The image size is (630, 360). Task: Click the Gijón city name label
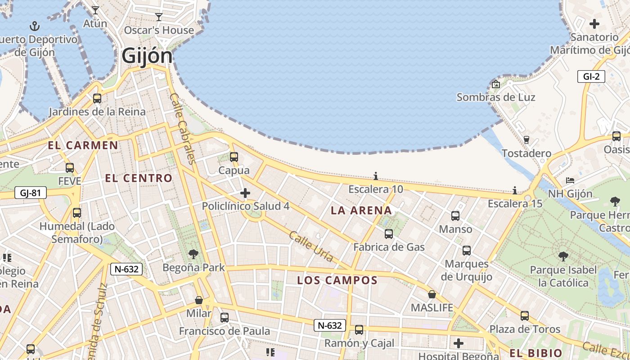click(x=147, y=56)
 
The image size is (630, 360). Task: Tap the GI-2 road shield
click(x=591, y=76)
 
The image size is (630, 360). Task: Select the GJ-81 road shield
click(x=31, y=193)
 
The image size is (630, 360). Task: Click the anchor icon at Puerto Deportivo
click(x=34, y=26)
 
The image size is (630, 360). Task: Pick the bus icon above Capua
click(x=234, y=157)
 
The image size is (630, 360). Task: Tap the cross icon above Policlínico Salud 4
click(x=245, y=193)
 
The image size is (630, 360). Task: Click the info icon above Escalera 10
click(x=376, y=176)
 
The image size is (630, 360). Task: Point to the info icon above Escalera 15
click(x=515, y=190)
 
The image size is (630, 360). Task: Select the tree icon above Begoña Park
click(x=193, y=254)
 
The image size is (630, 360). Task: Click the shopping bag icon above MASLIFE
click(x=432, y=294)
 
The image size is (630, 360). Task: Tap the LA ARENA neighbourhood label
click(x=361, y=211)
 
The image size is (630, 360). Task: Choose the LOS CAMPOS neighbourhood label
click(x=337, y=280)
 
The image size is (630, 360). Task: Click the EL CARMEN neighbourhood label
click(x=83, y=145)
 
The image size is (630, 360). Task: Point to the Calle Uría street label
click(x=311, y=247)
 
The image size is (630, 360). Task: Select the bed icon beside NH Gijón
click(x=570, y=180)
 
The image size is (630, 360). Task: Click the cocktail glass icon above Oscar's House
click(x=158, y=17)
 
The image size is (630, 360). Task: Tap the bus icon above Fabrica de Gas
click(x=388, y=234)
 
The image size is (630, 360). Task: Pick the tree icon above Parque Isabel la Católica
click(x=562, y=256)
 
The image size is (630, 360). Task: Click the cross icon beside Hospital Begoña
click(x=458, y=343)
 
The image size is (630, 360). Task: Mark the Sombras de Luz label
click(x=496, y=97)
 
